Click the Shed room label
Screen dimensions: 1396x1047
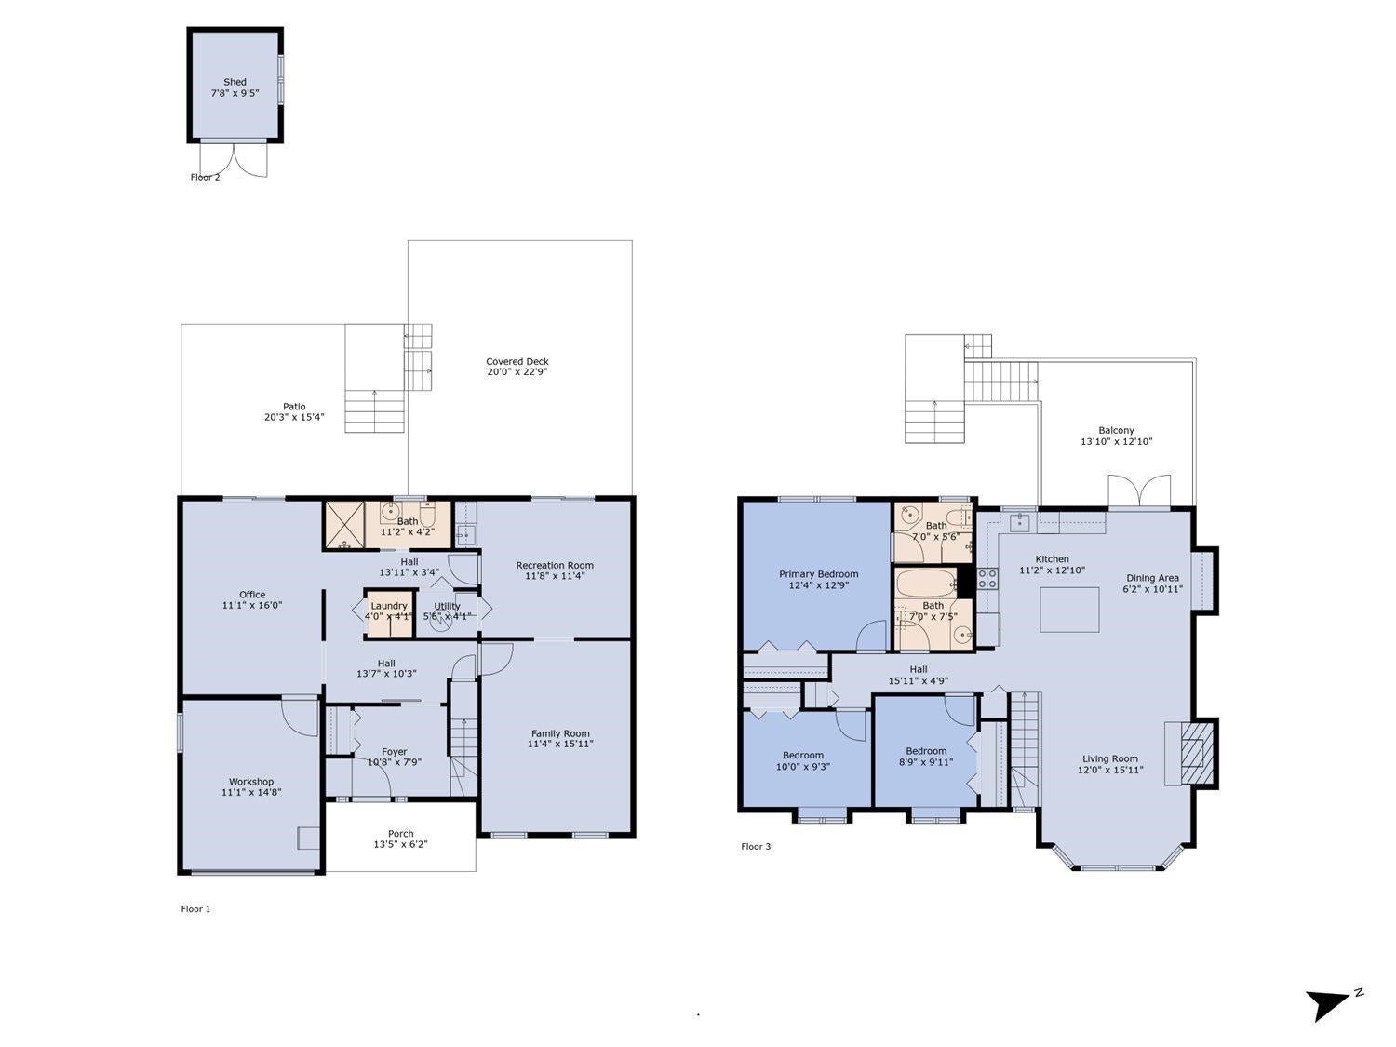[x=235, y=82]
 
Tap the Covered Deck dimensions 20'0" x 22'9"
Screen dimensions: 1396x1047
[x=517, y=372]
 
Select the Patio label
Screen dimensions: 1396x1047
[x=294, y=406]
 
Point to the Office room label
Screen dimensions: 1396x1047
[x=252, y=595]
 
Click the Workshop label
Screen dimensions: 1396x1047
[x=251, y=781]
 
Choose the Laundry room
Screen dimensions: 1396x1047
[x=389, y=613]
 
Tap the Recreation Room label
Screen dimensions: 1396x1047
[x=555, y=565]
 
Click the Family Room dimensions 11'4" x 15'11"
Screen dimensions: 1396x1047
[x=560, y=744]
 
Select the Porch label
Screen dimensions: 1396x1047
[x=401, y=833]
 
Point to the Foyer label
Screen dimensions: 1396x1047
[x=395, y=751]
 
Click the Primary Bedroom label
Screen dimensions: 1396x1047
[x=818, y=574]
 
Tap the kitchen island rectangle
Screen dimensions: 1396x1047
[x=1069, y=610]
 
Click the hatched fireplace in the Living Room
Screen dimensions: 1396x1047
[x=1196, y=753]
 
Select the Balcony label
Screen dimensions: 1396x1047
[x=1116, y=430]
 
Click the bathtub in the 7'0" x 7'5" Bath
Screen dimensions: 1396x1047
[x=926, y=583]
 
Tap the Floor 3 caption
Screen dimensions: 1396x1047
[x=756, y=846]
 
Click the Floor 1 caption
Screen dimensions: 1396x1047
[x=195, y=909]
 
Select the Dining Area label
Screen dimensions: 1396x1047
[x=1152, y=578]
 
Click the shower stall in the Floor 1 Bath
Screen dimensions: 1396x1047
[x=344, y=525]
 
